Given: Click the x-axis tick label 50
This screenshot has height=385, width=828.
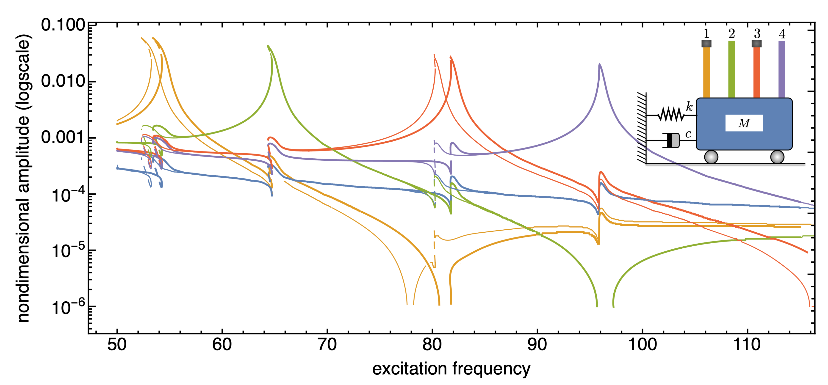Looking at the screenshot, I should click(117, 345).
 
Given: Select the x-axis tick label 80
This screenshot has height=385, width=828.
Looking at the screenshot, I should click(432, 345).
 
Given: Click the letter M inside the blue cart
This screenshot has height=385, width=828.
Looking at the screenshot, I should click(744, 123).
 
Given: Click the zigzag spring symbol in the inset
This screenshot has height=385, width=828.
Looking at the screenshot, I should click(671, 115).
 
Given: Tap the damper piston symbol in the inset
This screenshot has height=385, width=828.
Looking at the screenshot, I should click(671, 140).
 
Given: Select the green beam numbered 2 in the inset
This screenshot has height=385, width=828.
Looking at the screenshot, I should click(731, 69).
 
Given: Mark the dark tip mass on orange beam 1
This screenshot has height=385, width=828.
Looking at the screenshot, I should click(706, 43).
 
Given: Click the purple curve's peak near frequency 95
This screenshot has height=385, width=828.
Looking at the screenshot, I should click(599, 65).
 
